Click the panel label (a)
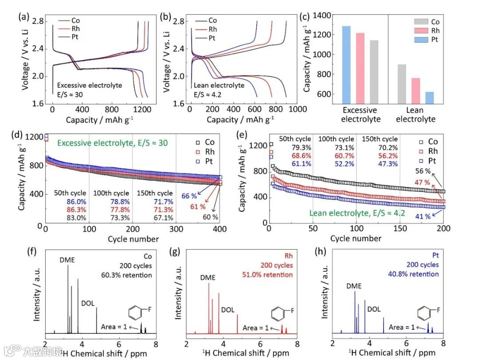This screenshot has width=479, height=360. coord(24,17)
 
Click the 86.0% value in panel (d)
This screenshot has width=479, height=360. coord(64,201)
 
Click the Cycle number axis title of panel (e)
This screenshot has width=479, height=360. coord(356,239)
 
